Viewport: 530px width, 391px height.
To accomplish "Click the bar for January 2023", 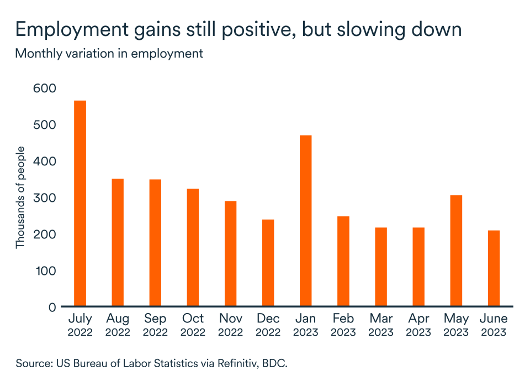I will [305, 221].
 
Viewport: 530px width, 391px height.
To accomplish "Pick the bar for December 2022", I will [268, 263].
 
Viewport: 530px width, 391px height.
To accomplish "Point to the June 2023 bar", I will [494, 268].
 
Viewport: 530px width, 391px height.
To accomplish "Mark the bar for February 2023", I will [343, 261].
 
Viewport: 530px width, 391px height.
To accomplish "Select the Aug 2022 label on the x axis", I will [118, 325].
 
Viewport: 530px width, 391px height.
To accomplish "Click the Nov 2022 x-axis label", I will [230, 325].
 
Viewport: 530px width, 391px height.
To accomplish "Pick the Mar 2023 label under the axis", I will [380, 325].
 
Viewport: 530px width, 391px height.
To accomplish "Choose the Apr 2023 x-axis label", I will [418, 325].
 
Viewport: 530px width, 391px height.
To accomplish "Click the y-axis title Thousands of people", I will [20, 197].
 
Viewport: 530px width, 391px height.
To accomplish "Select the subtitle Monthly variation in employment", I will [109, 54].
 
